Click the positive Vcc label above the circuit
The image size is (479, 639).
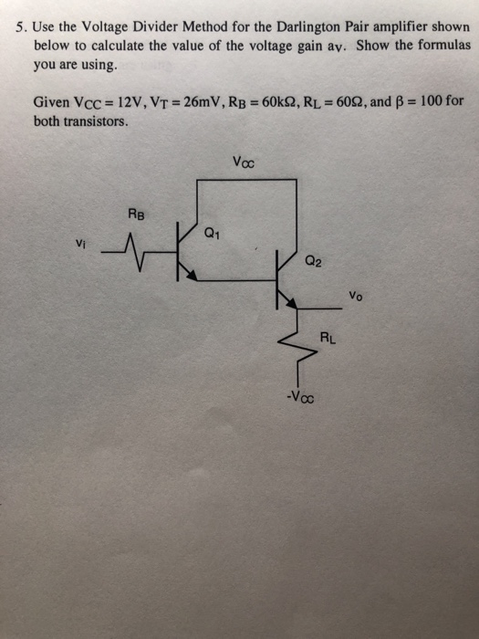[244, 164]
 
